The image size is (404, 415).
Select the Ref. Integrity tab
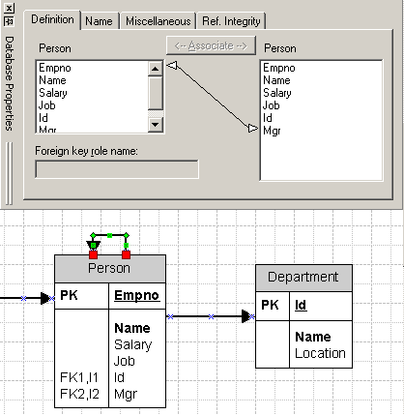point(232,20)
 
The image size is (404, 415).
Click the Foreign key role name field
point(116,169)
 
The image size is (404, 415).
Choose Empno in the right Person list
point(279,69)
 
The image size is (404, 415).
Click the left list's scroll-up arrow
point(155,69)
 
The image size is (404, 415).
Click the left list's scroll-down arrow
point(155,125)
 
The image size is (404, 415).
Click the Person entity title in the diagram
point(109,268)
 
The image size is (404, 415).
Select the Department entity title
point(303,277)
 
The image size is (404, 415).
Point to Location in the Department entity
point(320,353)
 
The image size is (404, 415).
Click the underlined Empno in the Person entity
point(137,296)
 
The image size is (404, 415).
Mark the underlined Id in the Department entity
point(301,305)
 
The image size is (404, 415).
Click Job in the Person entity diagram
point(124,361)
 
